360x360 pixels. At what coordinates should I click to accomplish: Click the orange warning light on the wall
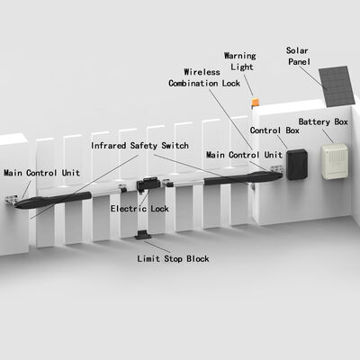(x=255, y=103)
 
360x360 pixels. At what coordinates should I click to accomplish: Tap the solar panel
(x=337, y=86)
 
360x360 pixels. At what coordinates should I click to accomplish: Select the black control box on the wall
(x=297, y=164)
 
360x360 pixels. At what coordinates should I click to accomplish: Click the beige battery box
(x=335, y=161)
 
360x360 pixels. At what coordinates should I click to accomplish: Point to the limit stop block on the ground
(x=143, y=235)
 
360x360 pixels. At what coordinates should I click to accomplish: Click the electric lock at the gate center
(x=148, y=184)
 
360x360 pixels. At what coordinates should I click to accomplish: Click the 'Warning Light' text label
(x=240, y=61)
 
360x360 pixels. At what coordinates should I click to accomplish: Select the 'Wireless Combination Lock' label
(x=204, y=77)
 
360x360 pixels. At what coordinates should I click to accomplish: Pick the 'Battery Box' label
(x=323, y=121)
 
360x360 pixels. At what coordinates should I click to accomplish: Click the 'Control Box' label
(x=274, y=130)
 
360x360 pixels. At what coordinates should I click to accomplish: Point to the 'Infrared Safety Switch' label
(x=139, y=146)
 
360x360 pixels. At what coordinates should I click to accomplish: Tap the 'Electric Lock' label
(x=139, y=209)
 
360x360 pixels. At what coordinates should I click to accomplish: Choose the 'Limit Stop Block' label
(x=173, y=258)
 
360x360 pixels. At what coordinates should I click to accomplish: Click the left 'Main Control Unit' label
(x=41, y=173)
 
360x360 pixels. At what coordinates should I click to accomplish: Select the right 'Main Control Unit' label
(x=244, y=155)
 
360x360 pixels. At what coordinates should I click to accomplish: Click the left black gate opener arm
(x=53, y=200)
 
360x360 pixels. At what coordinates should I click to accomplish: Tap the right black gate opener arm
(x=243, y=178)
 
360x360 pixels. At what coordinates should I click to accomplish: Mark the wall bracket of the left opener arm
(x=12, y=200)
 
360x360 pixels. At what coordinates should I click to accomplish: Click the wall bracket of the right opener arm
(x=275, y=169)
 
